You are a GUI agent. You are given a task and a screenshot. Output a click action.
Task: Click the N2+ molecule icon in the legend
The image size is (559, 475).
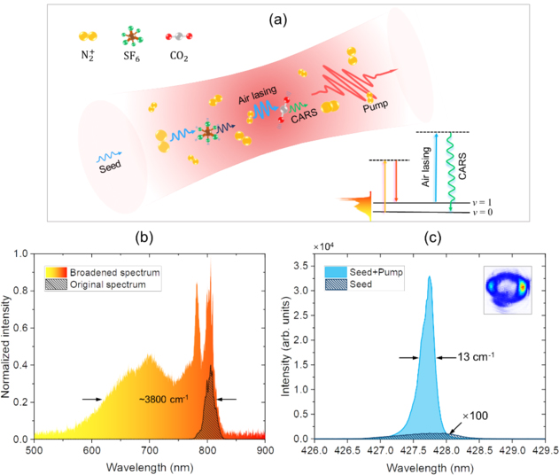tap(87, 37)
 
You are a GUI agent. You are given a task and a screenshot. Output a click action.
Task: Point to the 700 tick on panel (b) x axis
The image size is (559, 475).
tap(149, 450)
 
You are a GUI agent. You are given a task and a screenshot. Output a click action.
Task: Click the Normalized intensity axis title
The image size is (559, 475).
tap(8, 346)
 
